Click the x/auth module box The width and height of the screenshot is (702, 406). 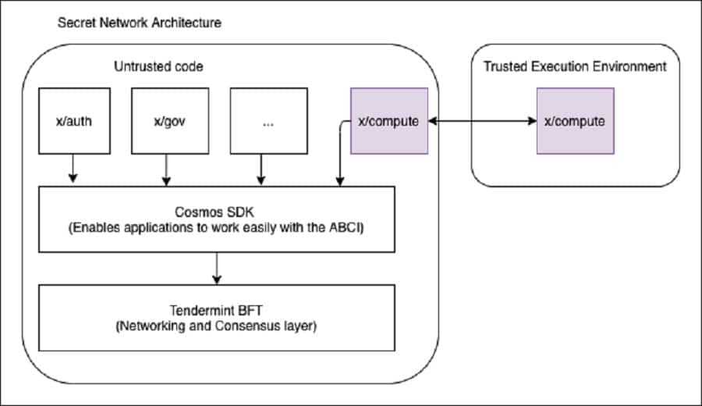pyautogui.click(x=73, y=121)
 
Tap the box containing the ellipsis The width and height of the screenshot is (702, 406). pyautogui.click(x=261, y=121)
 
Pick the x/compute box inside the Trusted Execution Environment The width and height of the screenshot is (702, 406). pyautogui.click(x=575, y=121)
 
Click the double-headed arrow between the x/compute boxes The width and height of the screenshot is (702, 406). pyautogui.click(x=482, y=122)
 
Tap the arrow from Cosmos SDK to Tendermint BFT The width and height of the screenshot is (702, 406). pyautogui.click(x=217, y=269)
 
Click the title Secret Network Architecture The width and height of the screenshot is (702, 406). pyautogui.click(x=140, y=22)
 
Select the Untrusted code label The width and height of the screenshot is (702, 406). pyautogui.click(x=158, y=67)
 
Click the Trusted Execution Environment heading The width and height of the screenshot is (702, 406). pyautogui.click(x=575, y=66)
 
